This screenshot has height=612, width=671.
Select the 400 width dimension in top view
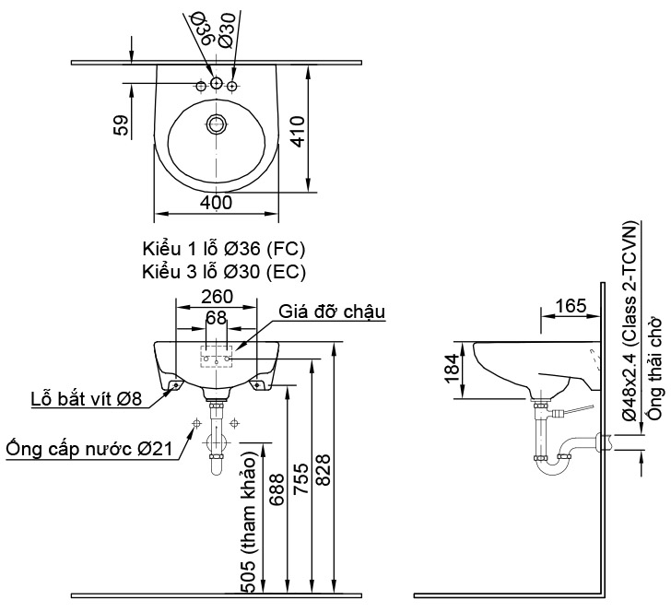click(x=216, y=202)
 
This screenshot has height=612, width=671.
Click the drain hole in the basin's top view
click(x=217, y=124)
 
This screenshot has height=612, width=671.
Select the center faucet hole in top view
click(x=217, y=85)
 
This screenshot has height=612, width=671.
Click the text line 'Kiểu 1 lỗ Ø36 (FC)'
click(x=224, y=250)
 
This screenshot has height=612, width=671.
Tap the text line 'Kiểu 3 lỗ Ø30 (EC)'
click(x=224, y=271)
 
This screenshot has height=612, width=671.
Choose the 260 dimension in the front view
click(x=217, y=297)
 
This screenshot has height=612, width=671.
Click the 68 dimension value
click(x=217, y=317)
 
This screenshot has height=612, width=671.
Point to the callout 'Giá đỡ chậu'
click(x=333, y=312)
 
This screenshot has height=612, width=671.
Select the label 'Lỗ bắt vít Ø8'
click(x=86, y=398)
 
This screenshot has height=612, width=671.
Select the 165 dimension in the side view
click(x=571, y=304)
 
